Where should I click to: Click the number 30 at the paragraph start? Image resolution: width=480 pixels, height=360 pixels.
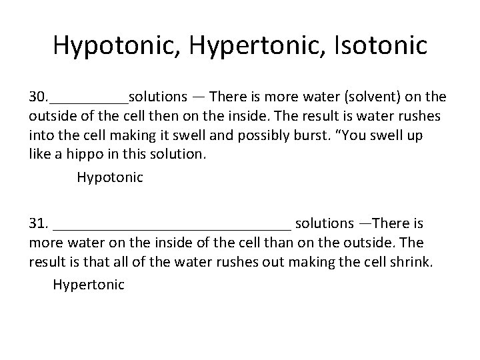[x=37, y=99]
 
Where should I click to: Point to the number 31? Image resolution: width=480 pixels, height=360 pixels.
[x=37, y=223]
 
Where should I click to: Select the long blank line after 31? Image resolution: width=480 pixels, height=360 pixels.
[x=171, y=227]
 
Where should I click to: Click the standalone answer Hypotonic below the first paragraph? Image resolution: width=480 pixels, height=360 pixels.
[x=110, y=177]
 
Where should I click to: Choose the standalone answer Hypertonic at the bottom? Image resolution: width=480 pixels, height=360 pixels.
[x=89, y=285]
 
